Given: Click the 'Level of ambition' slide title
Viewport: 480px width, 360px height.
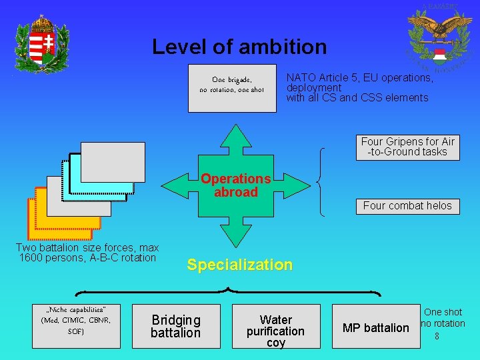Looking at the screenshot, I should pyautogui.click(x=239, y=47).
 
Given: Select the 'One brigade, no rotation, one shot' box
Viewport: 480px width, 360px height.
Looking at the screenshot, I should pyautogui.click(x=232, y=88).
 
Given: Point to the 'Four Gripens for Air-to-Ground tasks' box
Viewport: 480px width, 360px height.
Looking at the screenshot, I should pyautogui.click(x=407, y=147).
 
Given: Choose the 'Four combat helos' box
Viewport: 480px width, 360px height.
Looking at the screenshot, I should pyautogui.click(x=407, y=206).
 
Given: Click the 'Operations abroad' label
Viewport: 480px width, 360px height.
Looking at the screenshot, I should pyautogui.click(x=235, y=185).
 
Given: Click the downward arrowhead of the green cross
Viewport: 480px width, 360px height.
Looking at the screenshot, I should pyautogui.click(x=235, y=235).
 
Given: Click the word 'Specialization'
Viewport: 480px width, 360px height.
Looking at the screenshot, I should pyautogui.click(x=239, y=265).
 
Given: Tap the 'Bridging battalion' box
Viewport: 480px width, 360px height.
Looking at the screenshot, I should pyautogui.click(x=176, y=326).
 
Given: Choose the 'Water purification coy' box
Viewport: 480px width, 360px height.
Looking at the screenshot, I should pyautogui.click(x=275, y=326).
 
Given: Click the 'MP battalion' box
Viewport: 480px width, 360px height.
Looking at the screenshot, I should pyautogui.click(x=375, y=327).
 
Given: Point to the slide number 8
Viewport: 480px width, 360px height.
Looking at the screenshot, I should pyautogui.click(x=437, y=337).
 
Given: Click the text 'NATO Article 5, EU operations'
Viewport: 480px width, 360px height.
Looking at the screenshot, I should pyautogui.click(x=359, y=78).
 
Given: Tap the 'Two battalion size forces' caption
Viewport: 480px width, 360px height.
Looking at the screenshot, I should pyautogui.click(x=87, y=253).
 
